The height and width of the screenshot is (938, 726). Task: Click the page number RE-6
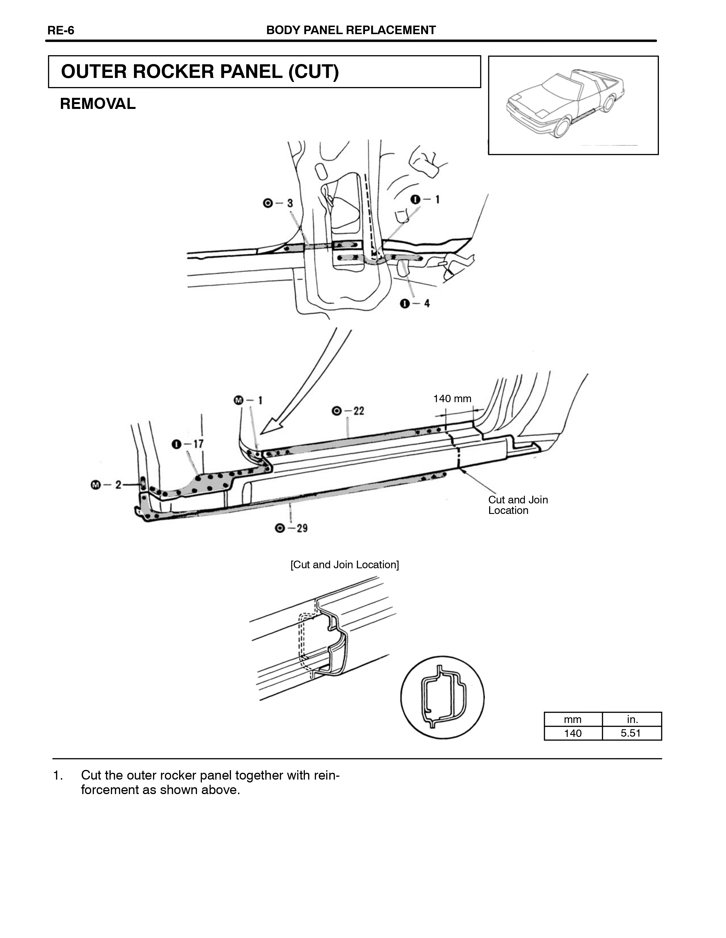point(61,30)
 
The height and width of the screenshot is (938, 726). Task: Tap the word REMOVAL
point(98,104)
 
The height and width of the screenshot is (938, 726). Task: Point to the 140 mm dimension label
point(452,398)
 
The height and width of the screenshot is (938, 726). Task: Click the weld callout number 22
point(359,411)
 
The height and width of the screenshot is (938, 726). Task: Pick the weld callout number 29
point(302,528)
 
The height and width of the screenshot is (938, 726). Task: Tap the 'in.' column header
point(632,719)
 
